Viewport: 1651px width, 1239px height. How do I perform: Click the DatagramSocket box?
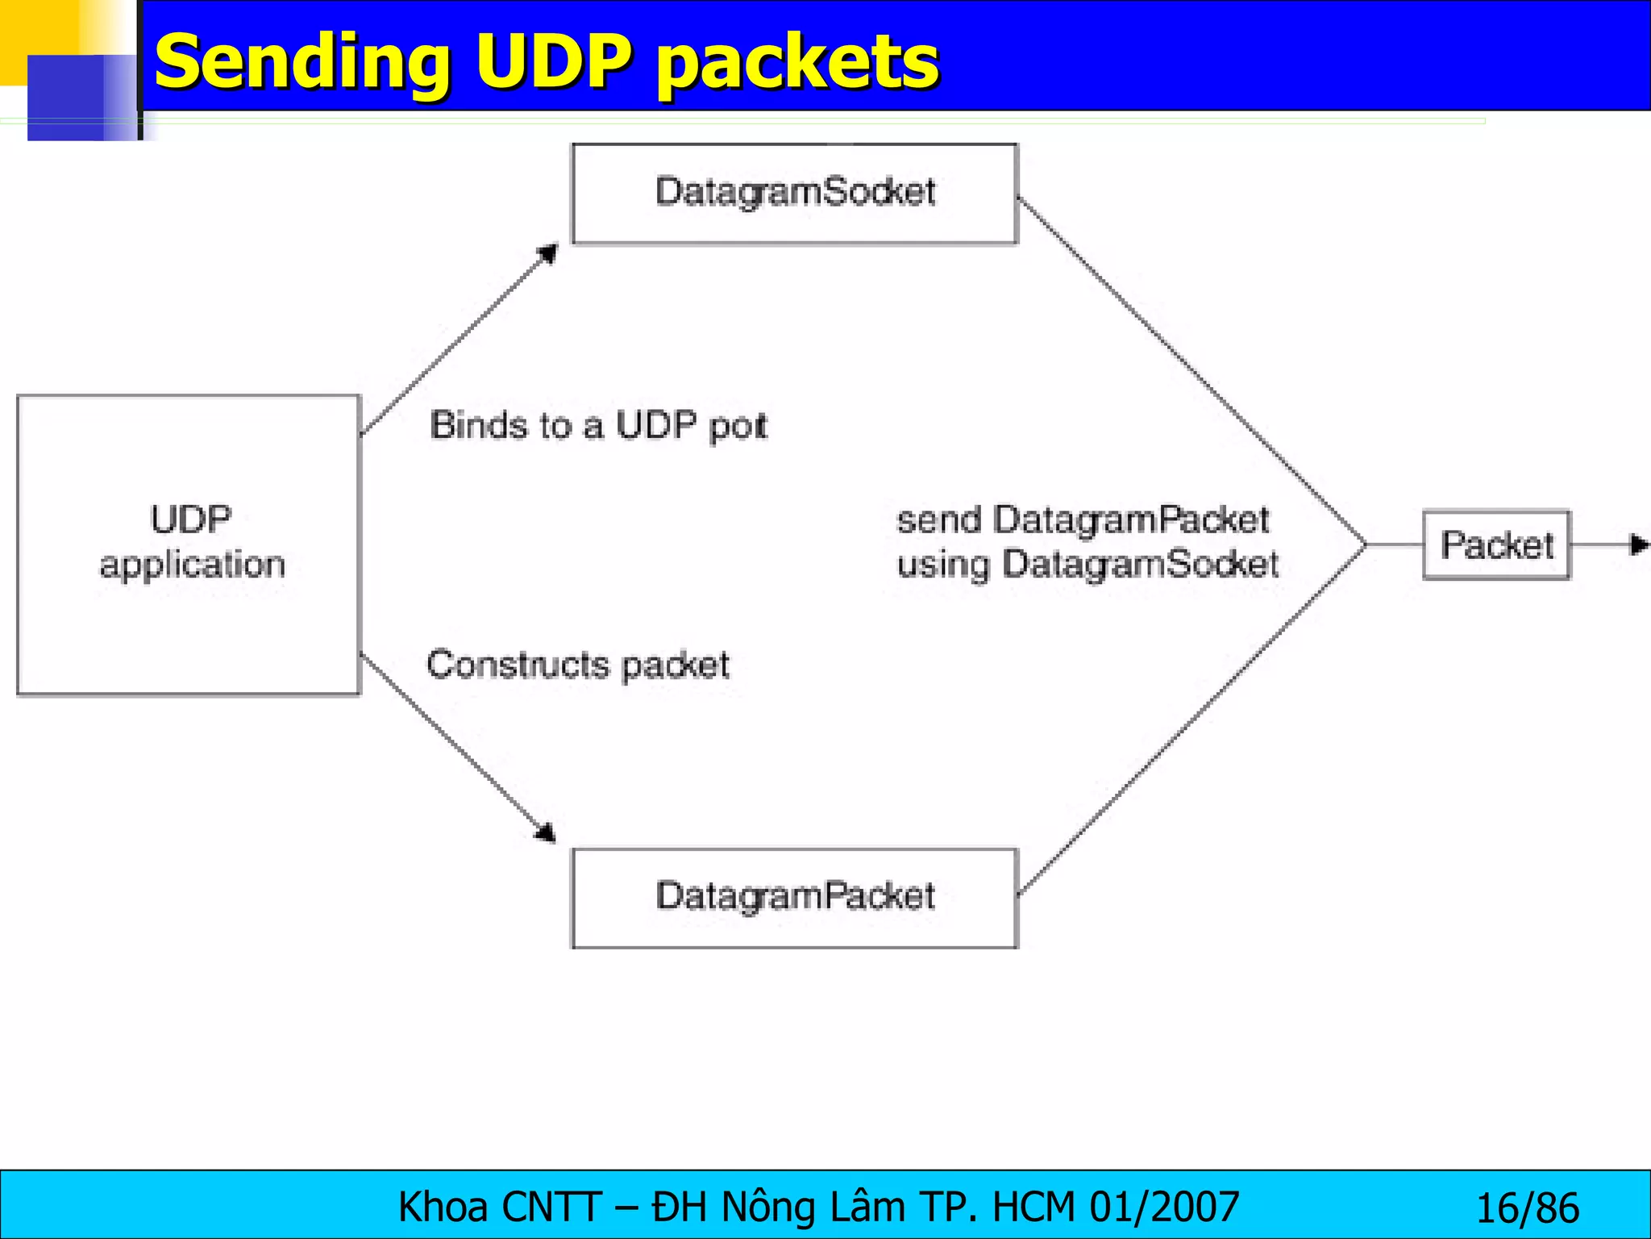[794, 194]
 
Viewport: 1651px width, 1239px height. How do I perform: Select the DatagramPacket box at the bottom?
[794, 897]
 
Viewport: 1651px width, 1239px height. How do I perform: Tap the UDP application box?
[189, 544]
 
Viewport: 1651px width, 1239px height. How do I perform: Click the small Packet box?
[1496, 545]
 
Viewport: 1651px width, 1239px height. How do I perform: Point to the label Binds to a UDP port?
[598, 426]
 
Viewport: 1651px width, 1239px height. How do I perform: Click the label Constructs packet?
[577, 665]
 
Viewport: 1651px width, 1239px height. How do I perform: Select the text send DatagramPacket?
[1083, 520]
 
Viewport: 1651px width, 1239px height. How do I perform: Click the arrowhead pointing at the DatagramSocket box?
[549, 254]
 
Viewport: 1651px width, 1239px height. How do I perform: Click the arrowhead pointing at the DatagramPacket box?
[547, 832]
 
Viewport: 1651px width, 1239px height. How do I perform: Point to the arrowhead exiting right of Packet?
[1639, 545]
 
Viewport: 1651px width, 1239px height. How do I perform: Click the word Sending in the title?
[302, 63]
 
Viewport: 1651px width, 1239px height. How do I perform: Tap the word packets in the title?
[797, 63]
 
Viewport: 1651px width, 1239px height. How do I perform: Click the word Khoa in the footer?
[443, 1208]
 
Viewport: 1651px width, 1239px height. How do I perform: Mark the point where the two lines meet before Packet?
[1366, 545]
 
